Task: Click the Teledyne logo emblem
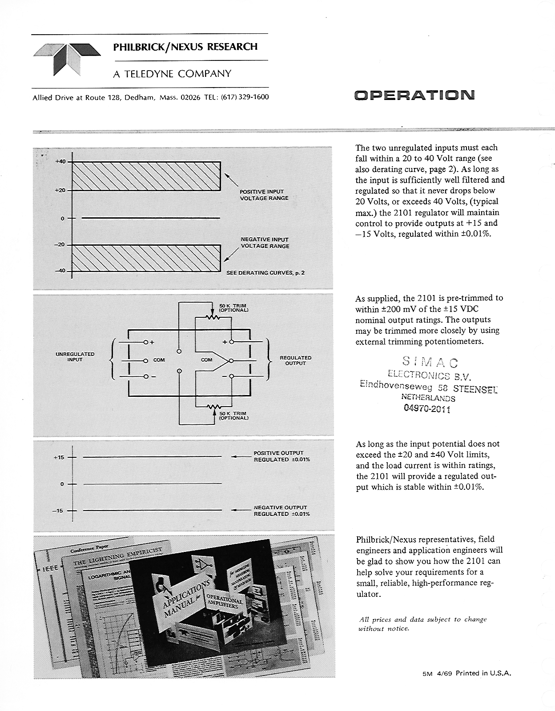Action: point(67,59)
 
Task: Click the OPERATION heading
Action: point(414,95)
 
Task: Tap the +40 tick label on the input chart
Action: point(60,161)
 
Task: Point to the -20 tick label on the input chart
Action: point(60,245)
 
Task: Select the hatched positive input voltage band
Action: point(147,176)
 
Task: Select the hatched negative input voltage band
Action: point(147,258)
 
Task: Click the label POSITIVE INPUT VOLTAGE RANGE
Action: point(264,195)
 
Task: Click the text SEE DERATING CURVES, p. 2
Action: point(265,273)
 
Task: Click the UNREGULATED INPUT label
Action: point(75,357)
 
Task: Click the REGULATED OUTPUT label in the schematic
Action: point(295,360)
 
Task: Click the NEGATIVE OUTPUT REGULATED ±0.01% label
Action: point(282,511)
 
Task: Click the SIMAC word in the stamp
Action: point(430,362)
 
